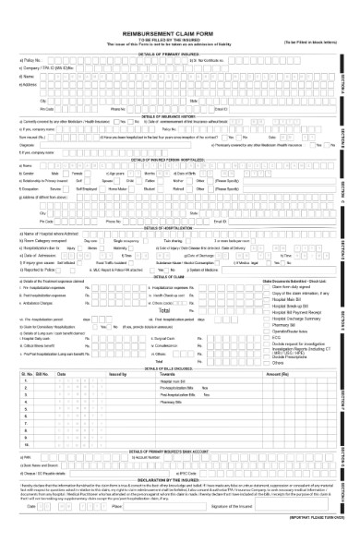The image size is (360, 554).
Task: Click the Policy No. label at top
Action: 30,60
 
